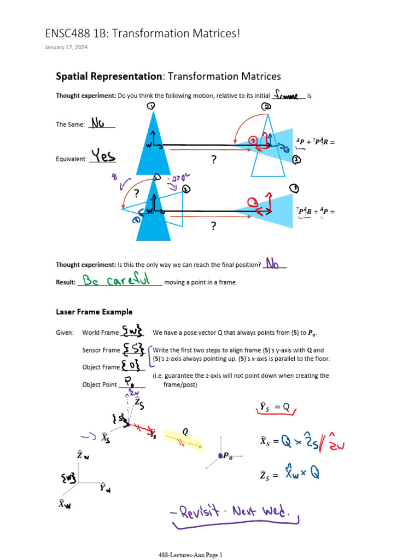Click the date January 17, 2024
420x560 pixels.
(66, 48)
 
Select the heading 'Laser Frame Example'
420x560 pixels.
(94, 312)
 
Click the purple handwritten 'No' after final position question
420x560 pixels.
(275, 264)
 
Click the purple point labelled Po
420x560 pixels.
(220, 455)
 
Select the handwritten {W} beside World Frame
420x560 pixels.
(133, 331)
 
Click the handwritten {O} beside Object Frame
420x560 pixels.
(132, 366)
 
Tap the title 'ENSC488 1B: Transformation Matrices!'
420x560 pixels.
(143, 34)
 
